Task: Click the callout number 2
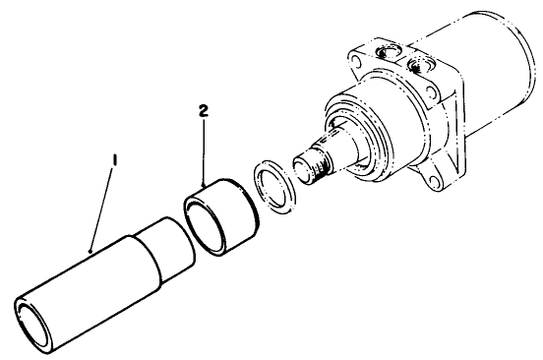tap(204, 114)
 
